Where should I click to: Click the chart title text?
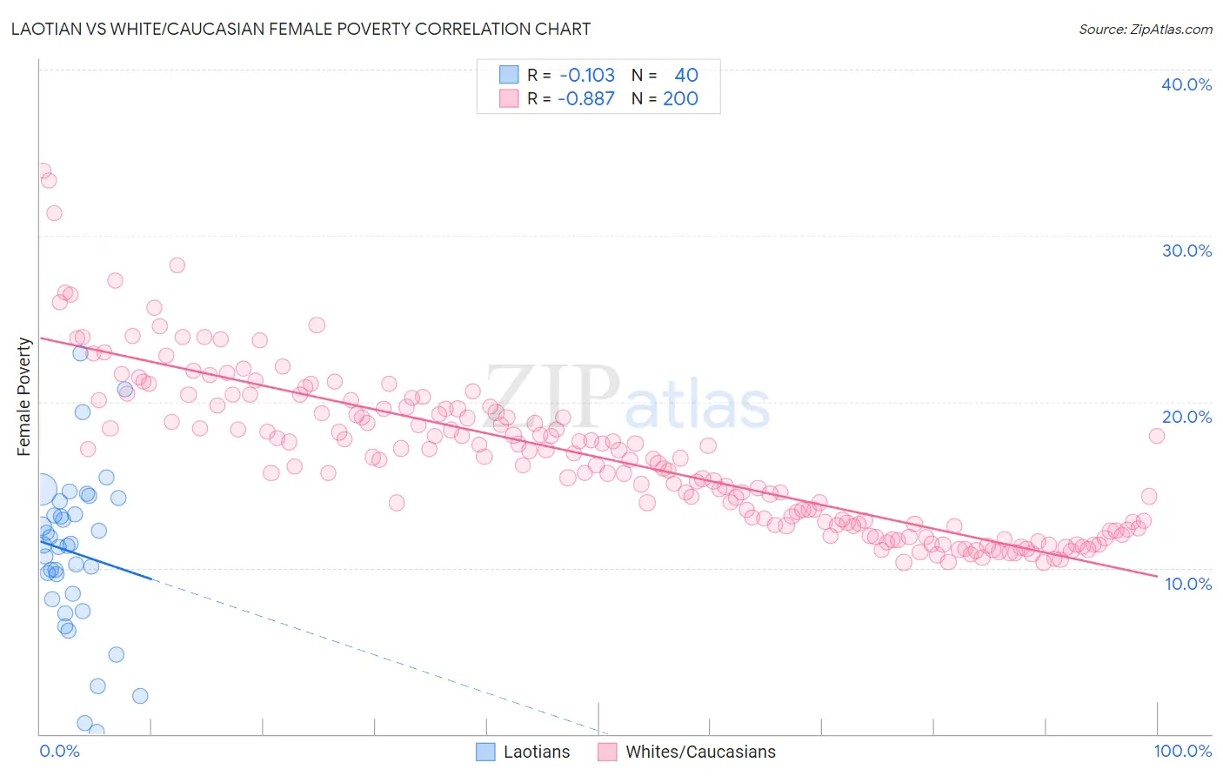click(x=301, y=29)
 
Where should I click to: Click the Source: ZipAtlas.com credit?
click(x=1145, y=29)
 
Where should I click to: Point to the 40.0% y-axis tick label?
click(x=1186, y=84)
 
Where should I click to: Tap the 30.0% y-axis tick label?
click(x=1186, y=251)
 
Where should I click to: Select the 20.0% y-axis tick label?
click(x=1186, y=417)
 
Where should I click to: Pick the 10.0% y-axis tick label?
click(x=1187, y=584)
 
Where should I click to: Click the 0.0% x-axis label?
click(x=59, y=751)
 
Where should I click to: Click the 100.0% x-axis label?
click(x=1182, y=751)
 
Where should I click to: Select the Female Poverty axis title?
click(x=23, y=397)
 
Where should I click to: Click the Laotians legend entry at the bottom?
click(x=523, y=752)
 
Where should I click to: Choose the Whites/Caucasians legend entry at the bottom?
click(x=686, y=752)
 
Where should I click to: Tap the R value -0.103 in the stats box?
click(x=586, y=75)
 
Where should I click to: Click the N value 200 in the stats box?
click(x=680, y=98)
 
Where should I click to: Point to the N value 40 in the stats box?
click(x=685, y=75)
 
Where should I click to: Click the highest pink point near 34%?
click(x=42, y=171)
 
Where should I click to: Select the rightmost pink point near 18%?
click(x=1156, y=436)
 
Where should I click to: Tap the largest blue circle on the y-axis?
click(x=41, y=491)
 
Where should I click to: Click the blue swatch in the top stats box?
click(x=509, y=75)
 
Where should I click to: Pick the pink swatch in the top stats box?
click(x=509, y=98)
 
